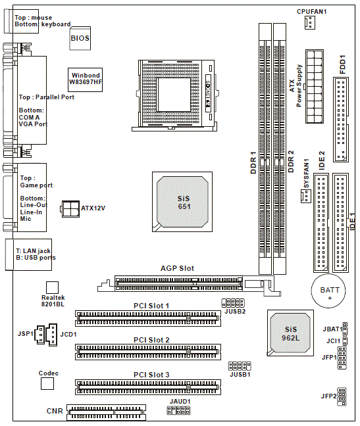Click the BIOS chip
80,38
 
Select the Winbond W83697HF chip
85,80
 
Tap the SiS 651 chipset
182,202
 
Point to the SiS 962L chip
290,333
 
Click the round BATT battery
328,291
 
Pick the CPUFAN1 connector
310,22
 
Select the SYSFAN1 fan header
305,196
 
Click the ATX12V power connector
70,209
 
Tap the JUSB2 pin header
233,303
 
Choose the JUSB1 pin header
240,366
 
